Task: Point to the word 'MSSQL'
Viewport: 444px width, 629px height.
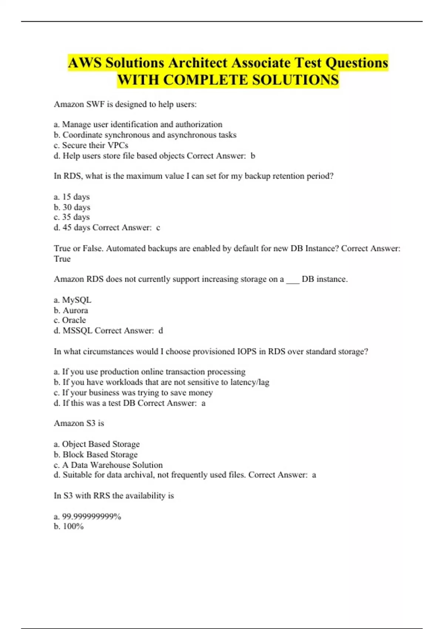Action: [x=77, y=331]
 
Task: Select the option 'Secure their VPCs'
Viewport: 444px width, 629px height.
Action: [x=95, y=145]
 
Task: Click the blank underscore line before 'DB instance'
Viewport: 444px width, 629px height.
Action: [x=293, y=280]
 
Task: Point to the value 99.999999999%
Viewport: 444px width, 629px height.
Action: [x=91, y=517]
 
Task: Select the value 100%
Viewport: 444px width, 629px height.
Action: [x=73, y=527]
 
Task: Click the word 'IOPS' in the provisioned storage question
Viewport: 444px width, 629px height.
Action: [x=246, y=351]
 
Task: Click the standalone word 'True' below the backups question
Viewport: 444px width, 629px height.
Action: [x=62, y=259]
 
